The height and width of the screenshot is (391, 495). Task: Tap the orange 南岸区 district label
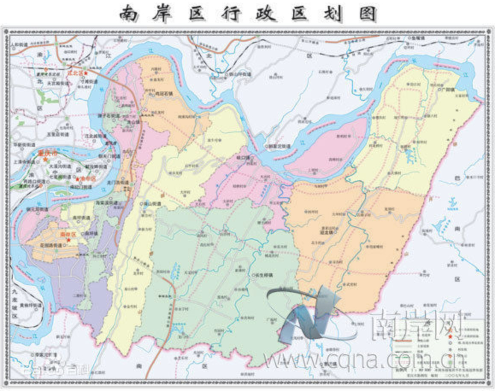pyautogui.click(x=68, y=234)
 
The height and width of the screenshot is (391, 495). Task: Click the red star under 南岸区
pyautogui.click(x=68, y=240)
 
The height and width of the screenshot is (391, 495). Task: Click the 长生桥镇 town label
pyautogui.click(x=265, y=275)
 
